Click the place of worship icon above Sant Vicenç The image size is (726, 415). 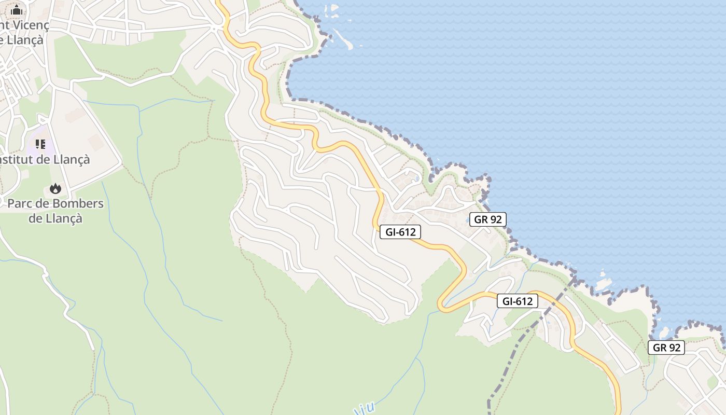(17, 10)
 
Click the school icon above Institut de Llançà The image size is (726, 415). (40, 144)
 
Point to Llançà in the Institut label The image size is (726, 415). (71, 159)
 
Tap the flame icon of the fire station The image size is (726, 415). (55, 188)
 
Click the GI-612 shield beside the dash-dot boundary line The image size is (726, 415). (518, 301)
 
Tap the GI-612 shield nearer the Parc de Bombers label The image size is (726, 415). (400, 232)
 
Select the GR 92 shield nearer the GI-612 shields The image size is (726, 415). (487, 219)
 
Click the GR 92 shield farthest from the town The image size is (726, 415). (666, 348)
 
